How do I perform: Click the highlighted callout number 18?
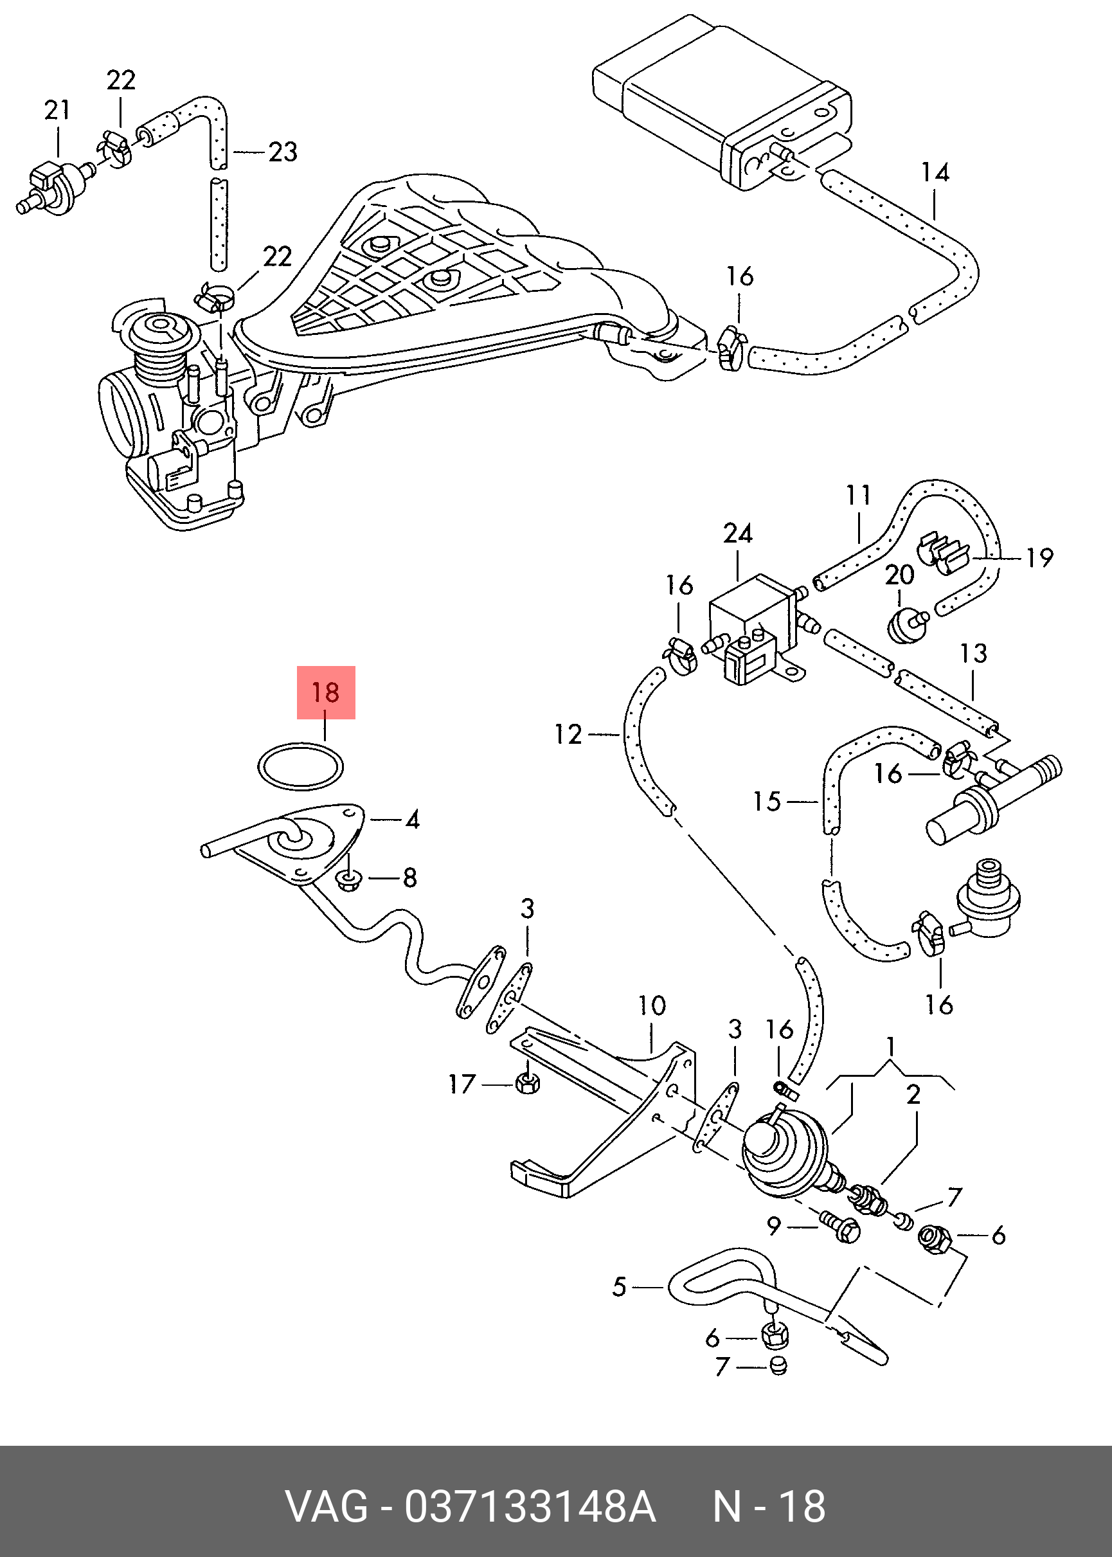point(325,692)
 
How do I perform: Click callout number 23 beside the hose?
point(282,152)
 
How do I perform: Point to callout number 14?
point(935,172)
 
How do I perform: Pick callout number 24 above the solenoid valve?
point(737,534)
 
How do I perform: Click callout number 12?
point(568,735)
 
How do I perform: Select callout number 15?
point(767,801)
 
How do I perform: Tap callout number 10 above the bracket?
point(652,1006)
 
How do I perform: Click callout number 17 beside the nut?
point(462,1084)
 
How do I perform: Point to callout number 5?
point(619,1286)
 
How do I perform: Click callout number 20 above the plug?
point(899,575)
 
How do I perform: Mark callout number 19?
point(1039,558)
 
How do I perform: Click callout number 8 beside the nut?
point(409,877)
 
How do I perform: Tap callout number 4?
point(412,819)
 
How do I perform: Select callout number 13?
point(973,653)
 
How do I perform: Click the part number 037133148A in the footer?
point(530,1507)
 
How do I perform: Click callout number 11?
point(858,495)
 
